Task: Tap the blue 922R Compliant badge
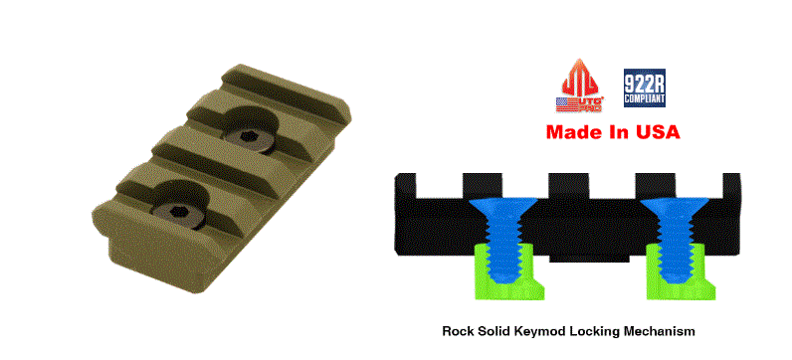coord(645,88)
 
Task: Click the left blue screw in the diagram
coord(502,238)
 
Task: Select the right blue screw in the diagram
coord(674,238)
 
